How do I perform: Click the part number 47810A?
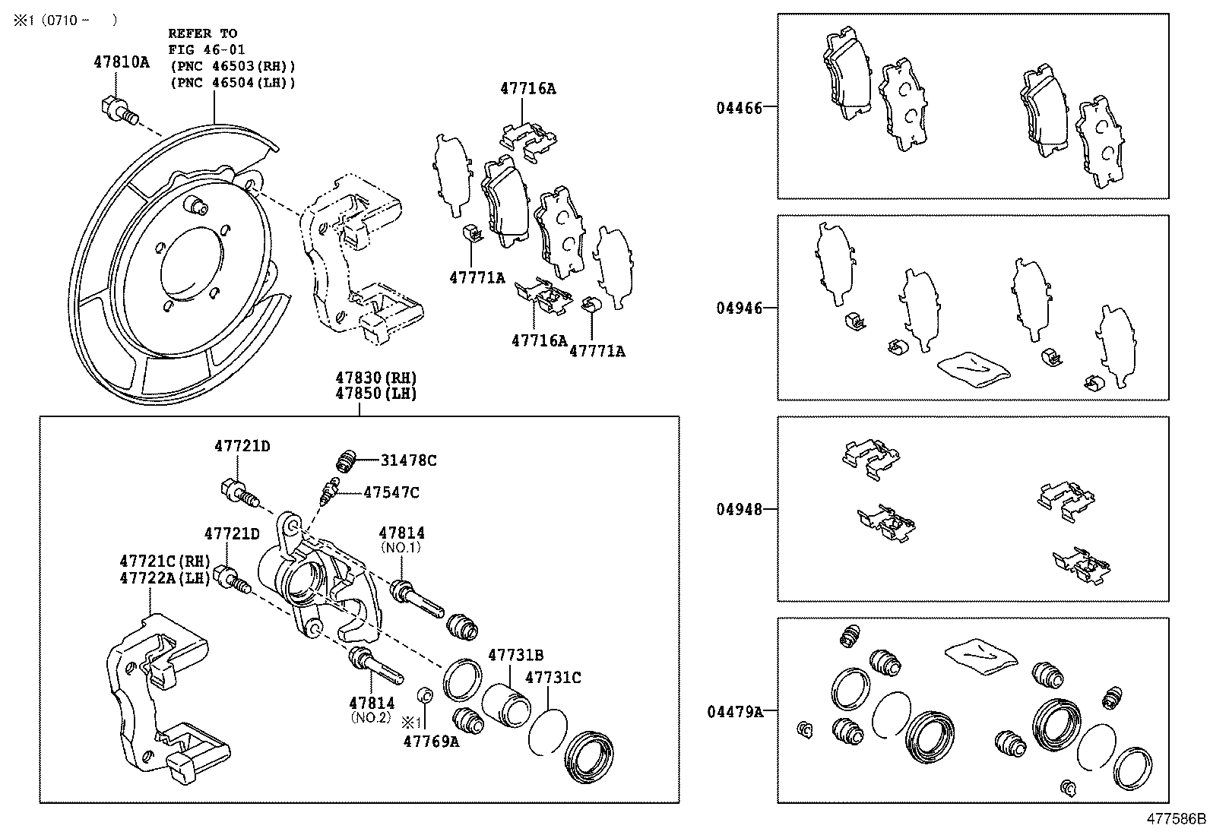(x=122, y=62)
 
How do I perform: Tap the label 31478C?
(x=409, y=460)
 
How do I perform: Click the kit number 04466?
(x=738, y=108)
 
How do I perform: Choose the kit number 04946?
(x=738, y=308)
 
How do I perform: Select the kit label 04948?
(x=738, y=509)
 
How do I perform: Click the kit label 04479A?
(x=734, y=712)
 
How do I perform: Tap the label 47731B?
(x=515, y=655)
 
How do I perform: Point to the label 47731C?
(x=553, y=678)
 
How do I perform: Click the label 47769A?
(x=431, y=742)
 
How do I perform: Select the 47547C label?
(x=391, y=492)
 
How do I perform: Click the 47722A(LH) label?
(x=165, y=578)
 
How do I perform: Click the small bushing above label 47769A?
(x=426, y=694)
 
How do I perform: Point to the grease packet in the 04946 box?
(x=974, y=368)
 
